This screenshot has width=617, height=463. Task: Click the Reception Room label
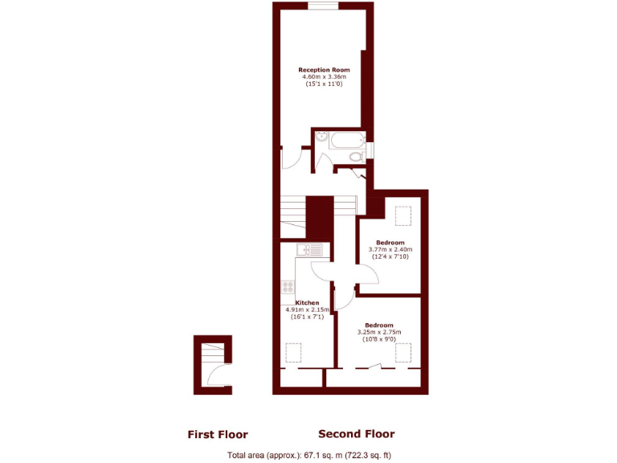tap(324, 70)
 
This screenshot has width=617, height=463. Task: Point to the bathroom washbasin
tap(321, 137)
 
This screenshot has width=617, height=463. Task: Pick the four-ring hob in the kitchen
tap(288, 286)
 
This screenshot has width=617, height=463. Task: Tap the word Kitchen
tap(296, 303)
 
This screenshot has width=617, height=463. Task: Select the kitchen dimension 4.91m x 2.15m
tap(303, 310)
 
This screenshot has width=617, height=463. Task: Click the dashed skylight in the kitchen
tap(294, 353)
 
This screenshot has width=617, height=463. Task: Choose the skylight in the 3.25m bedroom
tap(403, 352)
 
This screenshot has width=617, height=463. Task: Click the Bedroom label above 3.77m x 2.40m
tap(390, 242)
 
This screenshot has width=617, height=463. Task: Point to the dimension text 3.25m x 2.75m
tap(378, 332)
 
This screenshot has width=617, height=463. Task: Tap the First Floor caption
tap(218, 435)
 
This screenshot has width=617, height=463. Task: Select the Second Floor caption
tap(357, 434)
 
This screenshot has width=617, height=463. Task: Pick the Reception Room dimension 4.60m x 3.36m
tap(324, 77)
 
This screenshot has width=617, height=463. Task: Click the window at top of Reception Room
tap(323, 6)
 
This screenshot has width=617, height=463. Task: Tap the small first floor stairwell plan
tap(212, 365)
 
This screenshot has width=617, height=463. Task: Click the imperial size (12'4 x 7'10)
tap(390, 256)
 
